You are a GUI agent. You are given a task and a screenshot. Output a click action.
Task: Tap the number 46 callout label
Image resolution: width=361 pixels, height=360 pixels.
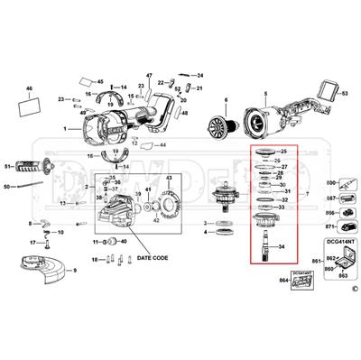coord(29,89)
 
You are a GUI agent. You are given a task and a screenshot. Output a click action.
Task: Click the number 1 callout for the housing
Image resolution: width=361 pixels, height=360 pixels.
coord(64,129)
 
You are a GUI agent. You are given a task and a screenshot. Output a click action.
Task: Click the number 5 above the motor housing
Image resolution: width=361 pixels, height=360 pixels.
coord(265,93)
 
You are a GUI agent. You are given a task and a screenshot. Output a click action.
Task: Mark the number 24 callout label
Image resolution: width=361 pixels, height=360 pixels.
coord(200,75)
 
